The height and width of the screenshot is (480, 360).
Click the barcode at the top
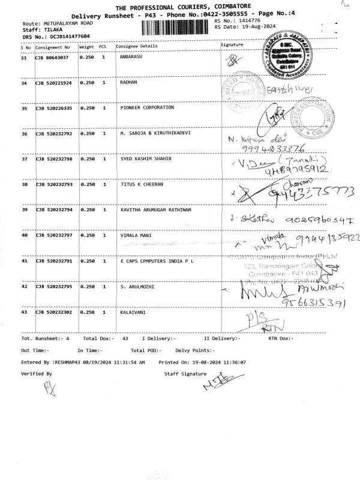[175, 29]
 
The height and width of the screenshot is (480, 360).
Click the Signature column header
[232, 46]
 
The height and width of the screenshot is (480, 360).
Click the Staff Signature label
[185, 373]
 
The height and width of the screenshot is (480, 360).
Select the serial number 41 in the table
[24, 262]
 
